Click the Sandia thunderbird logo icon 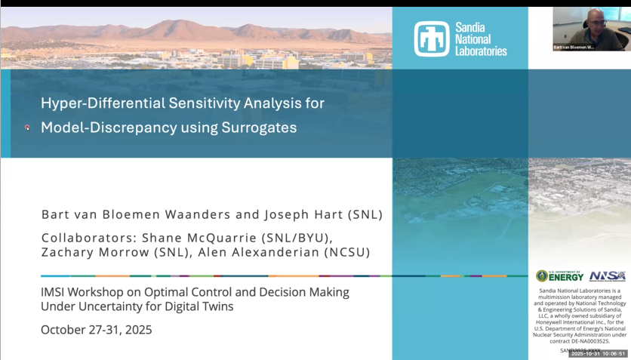tap(432, 38)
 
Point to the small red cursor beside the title tap(27, 128)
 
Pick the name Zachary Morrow tap(85, 253)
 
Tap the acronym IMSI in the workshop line tap(55, 291)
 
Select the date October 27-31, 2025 tap(96, 330)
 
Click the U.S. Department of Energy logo tap(559, 276)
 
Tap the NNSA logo tap(607, 276)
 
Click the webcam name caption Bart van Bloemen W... tap(574, 47)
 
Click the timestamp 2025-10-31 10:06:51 tap(599, 353)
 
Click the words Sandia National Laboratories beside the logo tap(481, 38)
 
